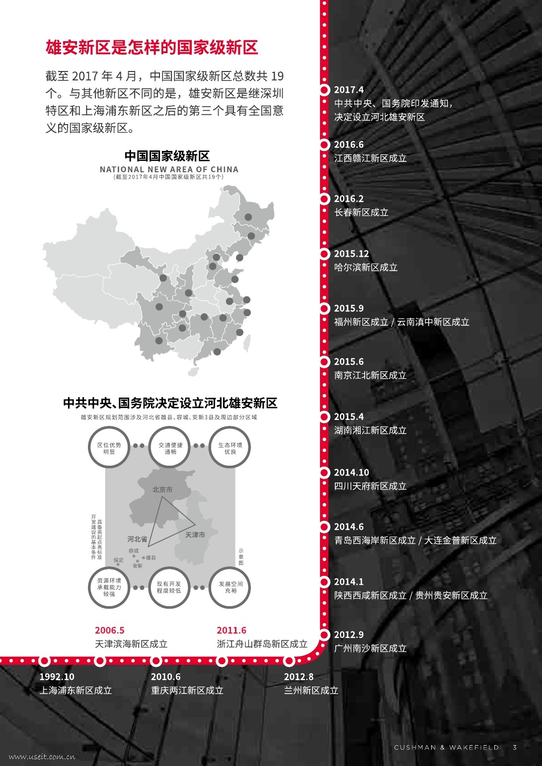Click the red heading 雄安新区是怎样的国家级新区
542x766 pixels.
pyautogui.click(x=152, y=48)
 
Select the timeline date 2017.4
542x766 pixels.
pyautogui.click(x=349, y=90)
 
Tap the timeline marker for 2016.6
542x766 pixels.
pyautogui.click(x=324, y=144)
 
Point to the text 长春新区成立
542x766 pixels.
pyautogui.click(x=361, y=212)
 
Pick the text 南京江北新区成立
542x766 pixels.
pyautogui.click(x=370, y=375)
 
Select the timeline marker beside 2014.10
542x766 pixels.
pyautogui.click(x=324, y=473)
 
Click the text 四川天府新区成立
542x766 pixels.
pyautogui.click(x=370, y=487)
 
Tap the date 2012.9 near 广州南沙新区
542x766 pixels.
pyautogui.click(x=349, y=635)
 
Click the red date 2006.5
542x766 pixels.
pyautogui.click(x=110, y=630)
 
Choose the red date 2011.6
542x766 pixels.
pyautogui.click(x=232, y=630)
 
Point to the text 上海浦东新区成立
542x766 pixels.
pyautogui.click(x=76, y=691)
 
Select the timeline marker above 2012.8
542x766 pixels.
pyautogui.click(x=289, y=661)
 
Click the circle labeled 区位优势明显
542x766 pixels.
pyautogui.click(x=109, y=448)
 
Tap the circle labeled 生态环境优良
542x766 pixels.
pyautogui.click(x=230, y=448)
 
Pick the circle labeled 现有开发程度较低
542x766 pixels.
pyautogui.click(x=169, y=587)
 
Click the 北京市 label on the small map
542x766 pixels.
pyautogui.click(x=162, y=490)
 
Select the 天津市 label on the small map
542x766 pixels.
pyautogui.click(x=195, y=535)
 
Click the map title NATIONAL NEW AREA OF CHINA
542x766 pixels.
pyautogui.click(x=169, y=169)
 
